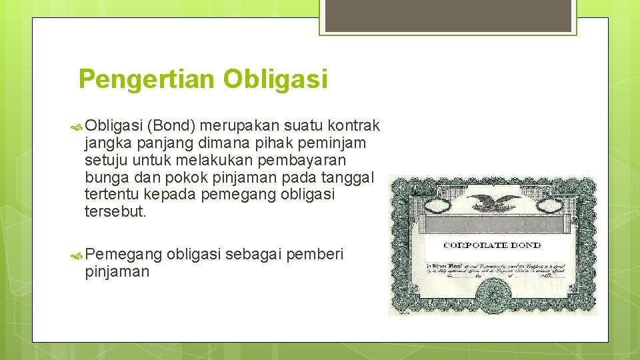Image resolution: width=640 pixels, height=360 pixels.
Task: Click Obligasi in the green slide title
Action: pos(276,79)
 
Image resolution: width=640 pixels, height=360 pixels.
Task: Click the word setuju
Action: pos(105,160)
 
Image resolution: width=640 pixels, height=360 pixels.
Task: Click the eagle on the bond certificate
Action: pos(493,203)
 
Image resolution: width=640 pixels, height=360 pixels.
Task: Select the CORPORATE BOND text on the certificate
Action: pos(493,245)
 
